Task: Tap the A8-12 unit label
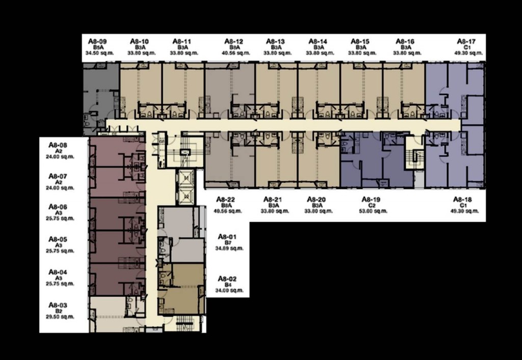(x=232, y=41)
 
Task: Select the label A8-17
(x=466, y=41)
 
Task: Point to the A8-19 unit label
(x=371, y=199)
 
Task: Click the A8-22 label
(x=225, y=199)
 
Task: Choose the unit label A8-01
(x=227, y=237)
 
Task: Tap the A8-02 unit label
(x=227, y=278)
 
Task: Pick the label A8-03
(x=58, y=305)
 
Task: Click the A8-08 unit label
(x=58, y=145)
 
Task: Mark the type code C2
(x=371, y=205)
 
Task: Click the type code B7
(x=227, y=243)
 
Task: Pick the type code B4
(x=227, y=285)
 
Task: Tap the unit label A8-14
(x=317, y=41)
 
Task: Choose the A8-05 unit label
(x=58, y=239)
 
